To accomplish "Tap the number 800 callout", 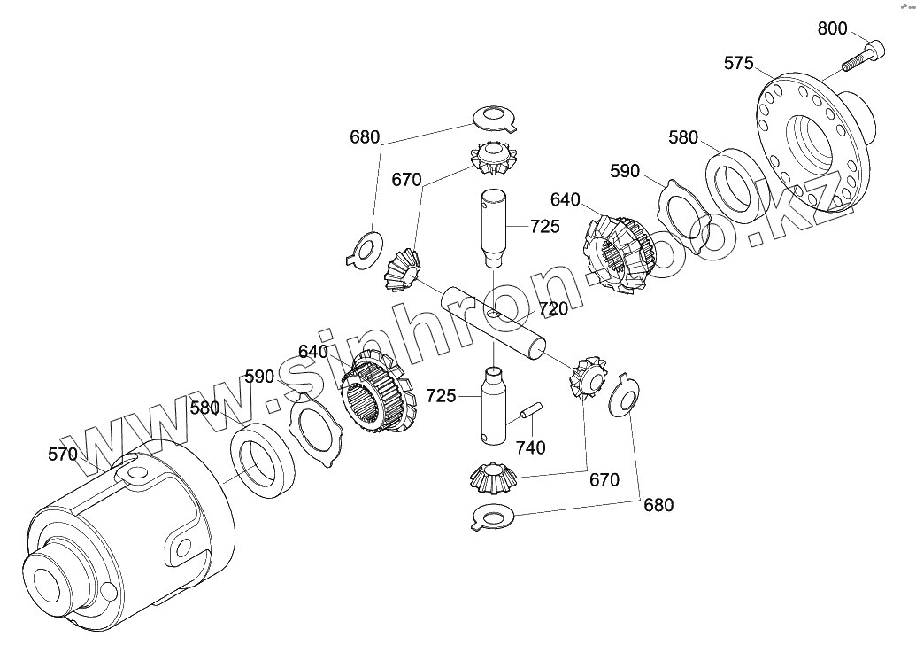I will coord(832,28).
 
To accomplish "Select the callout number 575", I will coord(739,63).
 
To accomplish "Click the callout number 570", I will coord(63,455).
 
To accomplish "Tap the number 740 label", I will coord(530,447).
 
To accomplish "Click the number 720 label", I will coord(553,309).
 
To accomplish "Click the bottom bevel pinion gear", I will coord(494,478).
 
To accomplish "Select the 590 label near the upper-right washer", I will coord(625,171).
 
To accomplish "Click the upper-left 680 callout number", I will coord(365,137).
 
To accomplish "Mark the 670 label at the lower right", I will coord(604,480).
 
